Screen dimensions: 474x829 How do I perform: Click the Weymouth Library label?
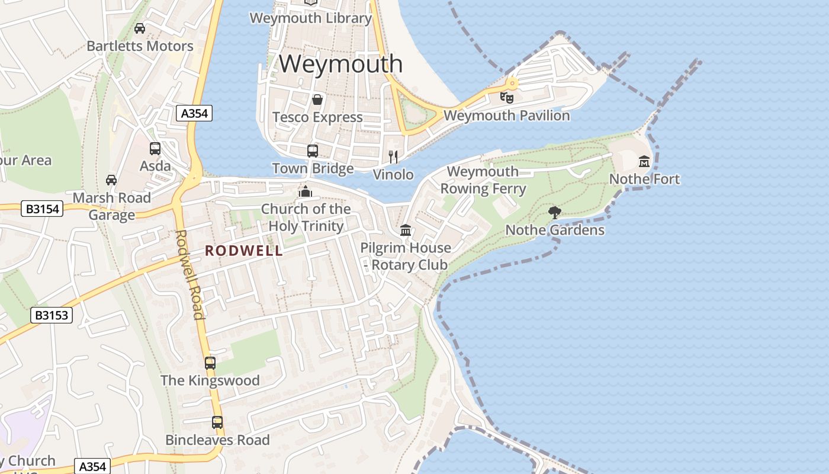(311, 18)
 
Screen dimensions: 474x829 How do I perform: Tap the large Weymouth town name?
(340, 63)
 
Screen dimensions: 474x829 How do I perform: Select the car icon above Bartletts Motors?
(140, 28)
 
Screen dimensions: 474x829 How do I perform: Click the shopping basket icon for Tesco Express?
(317, 99)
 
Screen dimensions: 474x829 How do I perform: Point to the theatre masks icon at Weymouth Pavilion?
(506, 97)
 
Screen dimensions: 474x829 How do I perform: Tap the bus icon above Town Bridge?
(313, 150)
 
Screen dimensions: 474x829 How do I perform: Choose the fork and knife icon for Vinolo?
(393, 156)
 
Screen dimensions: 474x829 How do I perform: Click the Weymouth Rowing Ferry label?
(483, 180)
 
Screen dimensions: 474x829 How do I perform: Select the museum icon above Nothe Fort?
(644, 161)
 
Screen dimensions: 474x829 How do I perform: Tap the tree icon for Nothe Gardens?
(555, 212)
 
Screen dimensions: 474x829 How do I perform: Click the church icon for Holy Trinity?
(306, 191)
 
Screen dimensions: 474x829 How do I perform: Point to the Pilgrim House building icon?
(406, 229)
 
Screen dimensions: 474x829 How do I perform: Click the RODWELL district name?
(244, 251)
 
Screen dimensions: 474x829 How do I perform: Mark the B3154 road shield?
(42, 209)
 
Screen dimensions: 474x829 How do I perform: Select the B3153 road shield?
(52, 315)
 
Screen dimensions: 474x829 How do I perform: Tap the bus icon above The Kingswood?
(210, 363)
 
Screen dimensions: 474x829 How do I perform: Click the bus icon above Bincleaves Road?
(217, 422)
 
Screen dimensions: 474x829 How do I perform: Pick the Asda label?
(155, 166)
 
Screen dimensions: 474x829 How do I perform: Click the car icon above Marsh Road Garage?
(111, 180)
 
